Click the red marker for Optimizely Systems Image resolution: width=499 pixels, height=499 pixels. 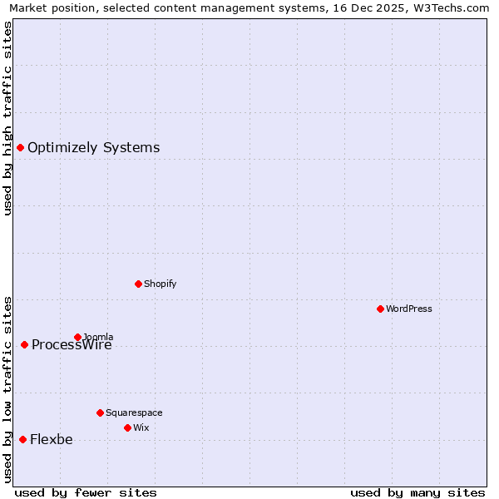click(20, 147)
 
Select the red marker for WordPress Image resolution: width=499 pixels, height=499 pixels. click(380, 309)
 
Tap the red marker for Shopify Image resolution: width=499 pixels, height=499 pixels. click(138, 284)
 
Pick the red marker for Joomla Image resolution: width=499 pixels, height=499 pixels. click(77, 337)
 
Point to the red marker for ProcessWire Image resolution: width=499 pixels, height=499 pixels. click(24, 344)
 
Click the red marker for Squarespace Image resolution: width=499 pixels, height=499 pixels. click(100, 413)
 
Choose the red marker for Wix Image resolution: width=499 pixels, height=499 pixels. click(127, 427)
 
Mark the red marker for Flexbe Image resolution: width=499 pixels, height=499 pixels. click(22, 439)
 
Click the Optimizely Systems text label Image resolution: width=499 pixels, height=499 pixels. click(93, 148)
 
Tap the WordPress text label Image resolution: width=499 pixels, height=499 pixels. click(408, 309)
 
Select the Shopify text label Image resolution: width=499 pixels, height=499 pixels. click(160, 284)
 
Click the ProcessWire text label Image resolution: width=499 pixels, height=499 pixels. click(72, 345)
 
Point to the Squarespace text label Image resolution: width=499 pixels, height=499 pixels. click(134, 413)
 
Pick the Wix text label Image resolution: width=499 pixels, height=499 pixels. click(141, 427)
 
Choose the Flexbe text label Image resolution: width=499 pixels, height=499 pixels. click(51, 440)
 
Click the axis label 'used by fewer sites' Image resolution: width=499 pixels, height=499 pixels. click(86, 492)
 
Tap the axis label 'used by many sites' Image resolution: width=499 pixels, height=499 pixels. click(417, 492)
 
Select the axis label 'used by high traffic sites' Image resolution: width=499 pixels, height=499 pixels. click(7, 118)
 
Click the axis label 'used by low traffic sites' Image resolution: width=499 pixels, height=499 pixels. click(7, 389)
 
